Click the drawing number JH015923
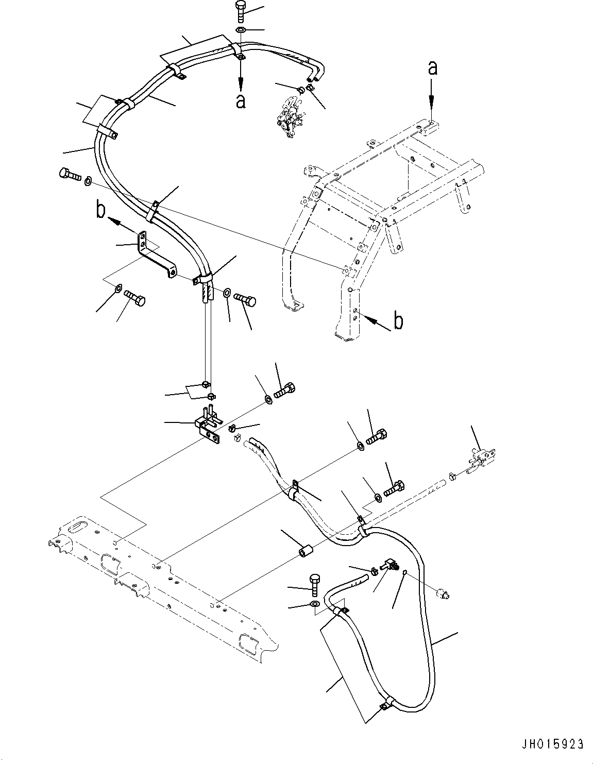(552, 744)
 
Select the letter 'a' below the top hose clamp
(241, 100)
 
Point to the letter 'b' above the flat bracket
(101, 211)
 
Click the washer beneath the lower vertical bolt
(315, 604)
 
